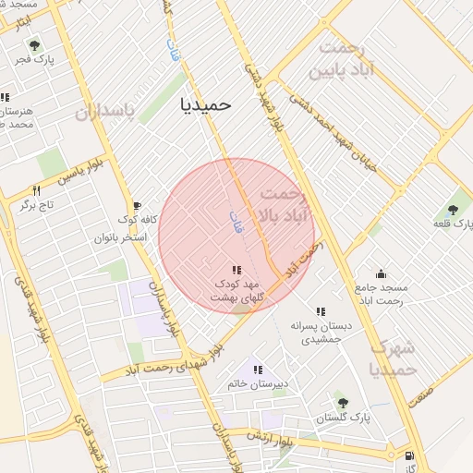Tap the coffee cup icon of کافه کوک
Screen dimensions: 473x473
pos(137,206)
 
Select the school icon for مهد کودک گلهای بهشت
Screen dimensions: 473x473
pos(236,270)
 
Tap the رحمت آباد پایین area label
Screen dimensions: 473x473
pos(349,59)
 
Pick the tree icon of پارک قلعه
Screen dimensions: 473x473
pos(453,210)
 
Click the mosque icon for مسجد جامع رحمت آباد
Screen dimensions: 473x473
pos(380,273)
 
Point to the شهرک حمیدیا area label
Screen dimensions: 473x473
pos(393,359)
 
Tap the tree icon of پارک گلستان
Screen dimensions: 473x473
pos(343,404)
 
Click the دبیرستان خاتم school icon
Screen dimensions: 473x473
pos(258,370)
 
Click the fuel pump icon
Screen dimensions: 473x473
pos(409,455)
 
